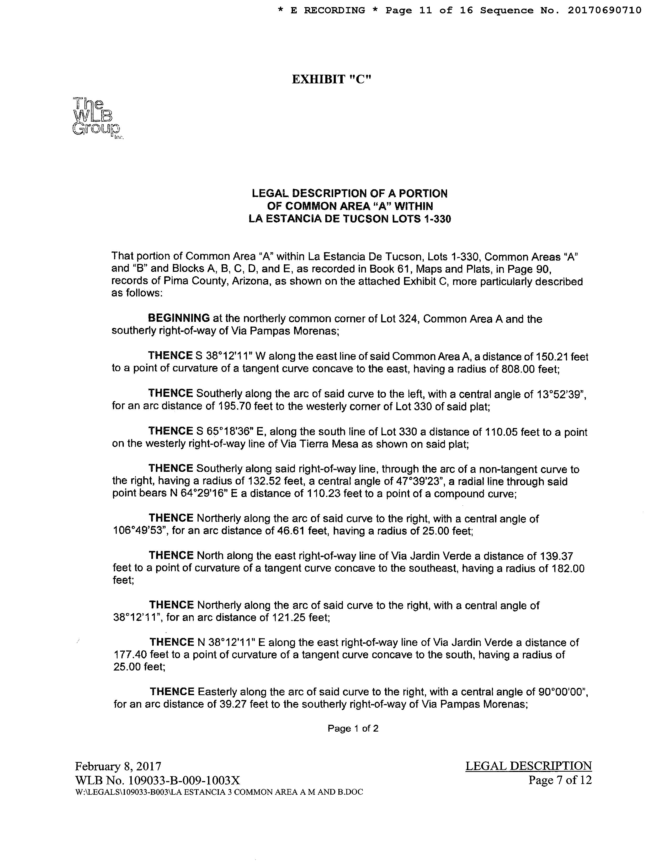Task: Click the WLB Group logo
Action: click(x=97, y=118)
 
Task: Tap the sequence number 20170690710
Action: click(x=604, y=10)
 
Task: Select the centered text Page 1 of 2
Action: click(x=353, y=728)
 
